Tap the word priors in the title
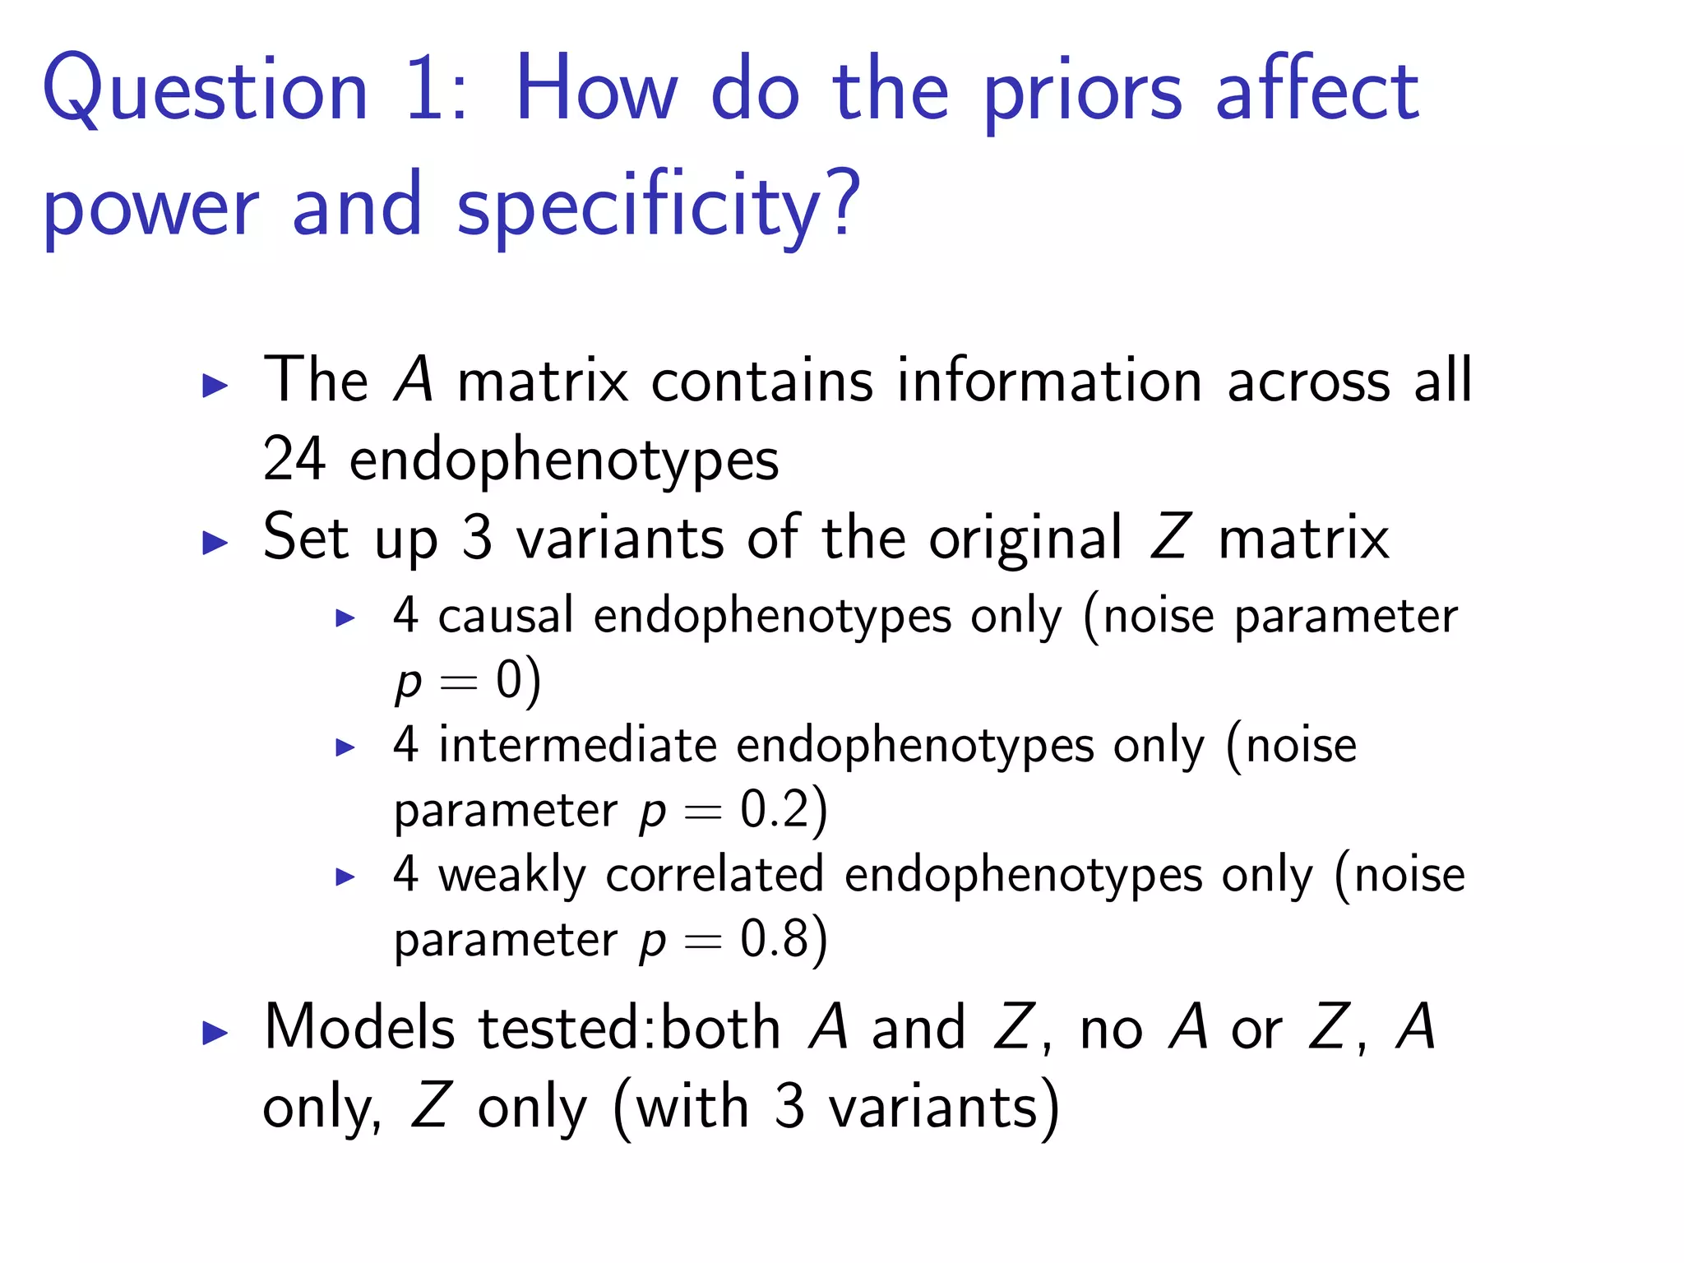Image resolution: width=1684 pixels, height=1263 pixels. tap(1083, 95)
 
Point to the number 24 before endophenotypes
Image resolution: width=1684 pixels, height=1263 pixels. tap(294, 459)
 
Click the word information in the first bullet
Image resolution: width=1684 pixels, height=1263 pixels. tap(1049, 382)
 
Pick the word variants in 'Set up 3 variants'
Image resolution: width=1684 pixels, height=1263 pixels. tap(620, 539)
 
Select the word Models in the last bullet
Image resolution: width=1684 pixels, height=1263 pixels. tap(359, 1028)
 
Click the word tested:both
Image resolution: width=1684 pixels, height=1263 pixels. tap(630, 1028)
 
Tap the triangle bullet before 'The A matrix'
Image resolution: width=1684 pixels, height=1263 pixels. tap(215, 385)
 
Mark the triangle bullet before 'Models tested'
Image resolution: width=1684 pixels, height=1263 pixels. tap(215, 1033)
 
